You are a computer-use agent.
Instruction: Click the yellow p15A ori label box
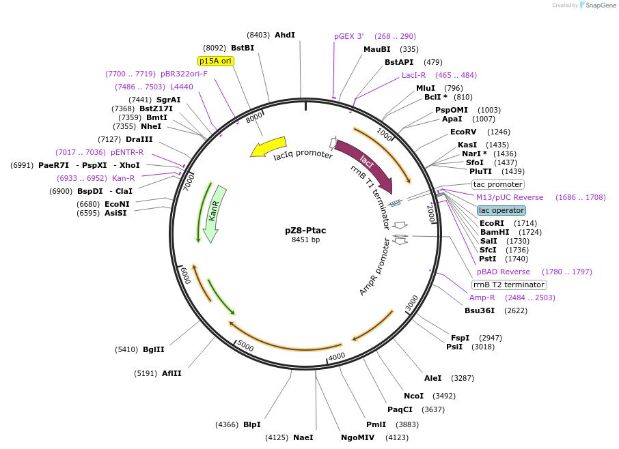[216, 61]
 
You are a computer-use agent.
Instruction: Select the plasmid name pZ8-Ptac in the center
[305, 230]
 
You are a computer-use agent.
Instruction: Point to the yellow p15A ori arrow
[269, 147]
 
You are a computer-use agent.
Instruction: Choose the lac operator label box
[501, 210]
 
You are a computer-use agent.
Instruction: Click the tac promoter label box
[498, 184]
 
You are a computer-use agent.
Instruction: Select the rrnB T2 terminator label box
[509, 285]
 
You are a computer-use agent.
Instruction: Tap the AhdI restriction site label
[284, 35]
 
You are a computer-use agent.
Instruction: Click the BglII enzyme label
[154, 349]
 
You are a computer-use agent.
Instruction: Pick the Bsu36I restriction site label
[480, 310]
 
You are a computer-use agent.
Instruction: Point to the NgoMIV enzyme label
[357, 437]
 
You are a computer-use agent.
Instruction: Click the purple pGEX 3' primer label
[349, 36]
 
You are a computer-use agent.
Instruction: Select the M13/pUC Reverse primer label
[510, 197]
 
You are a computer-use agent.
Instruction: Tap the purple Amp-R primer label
[482, 298]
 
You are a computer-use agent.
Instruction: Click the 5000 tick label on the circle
[246, 347]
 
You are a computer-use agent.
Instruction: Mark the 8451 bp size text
[305, 240]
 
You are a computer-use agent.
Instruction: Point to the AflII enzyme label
[171, 373]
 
